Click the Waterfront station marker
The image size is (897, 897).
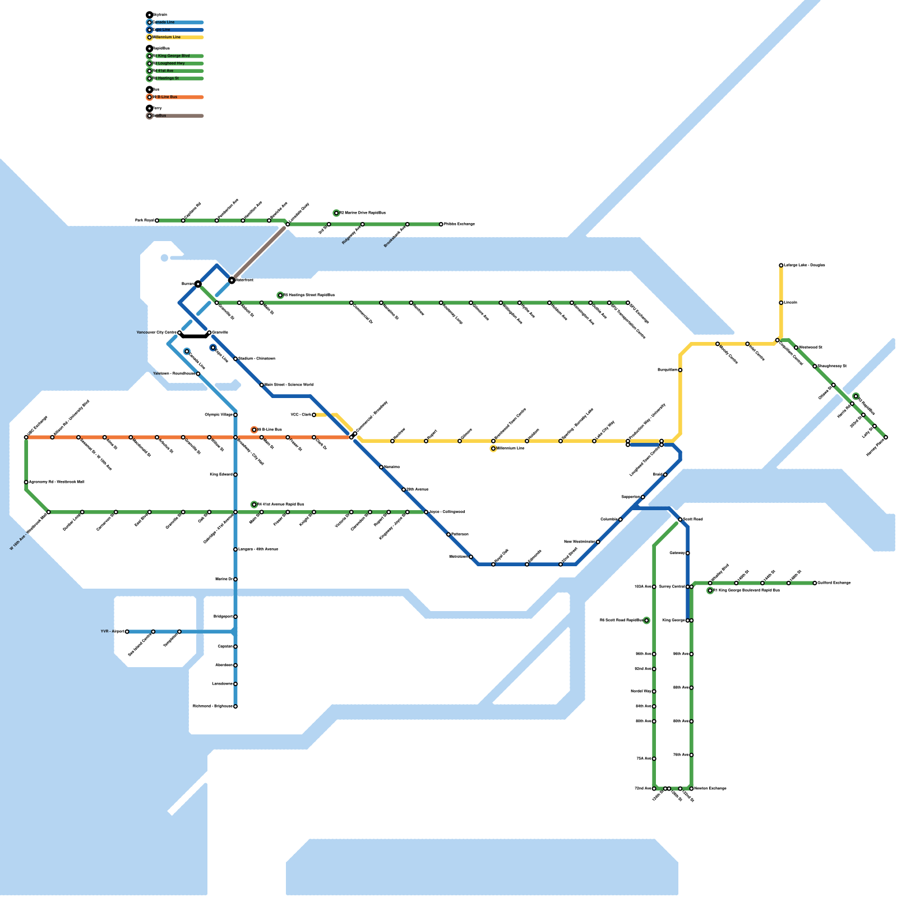232,280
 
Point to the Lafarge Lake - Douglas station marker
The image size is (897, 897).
781,265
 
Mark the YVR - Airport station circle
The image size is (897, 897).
127,632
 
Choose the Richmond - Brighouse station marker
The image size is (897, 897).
235,706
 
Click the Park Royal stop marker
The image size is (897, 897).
157,221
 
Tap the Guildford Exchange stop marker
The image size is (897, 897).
815,583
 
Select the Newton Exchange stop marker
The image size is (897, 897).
691,789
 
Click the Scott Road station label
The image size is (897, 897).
693,520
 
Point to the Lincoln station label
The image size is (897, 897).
790,303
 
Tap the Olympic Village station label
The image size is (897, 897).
219,415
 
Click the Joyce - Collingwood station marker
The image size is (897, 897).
426,512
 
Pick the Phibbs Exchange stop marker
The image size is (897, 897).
441,224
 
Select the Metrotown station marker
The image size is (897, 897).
471,557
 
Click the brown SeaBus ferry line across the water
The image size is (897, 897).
259,252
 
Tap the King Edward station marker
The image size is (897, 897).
235,475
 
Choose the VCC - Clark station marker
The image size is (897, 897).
314,415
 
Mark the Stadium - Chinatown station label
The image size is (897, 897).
257,359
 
